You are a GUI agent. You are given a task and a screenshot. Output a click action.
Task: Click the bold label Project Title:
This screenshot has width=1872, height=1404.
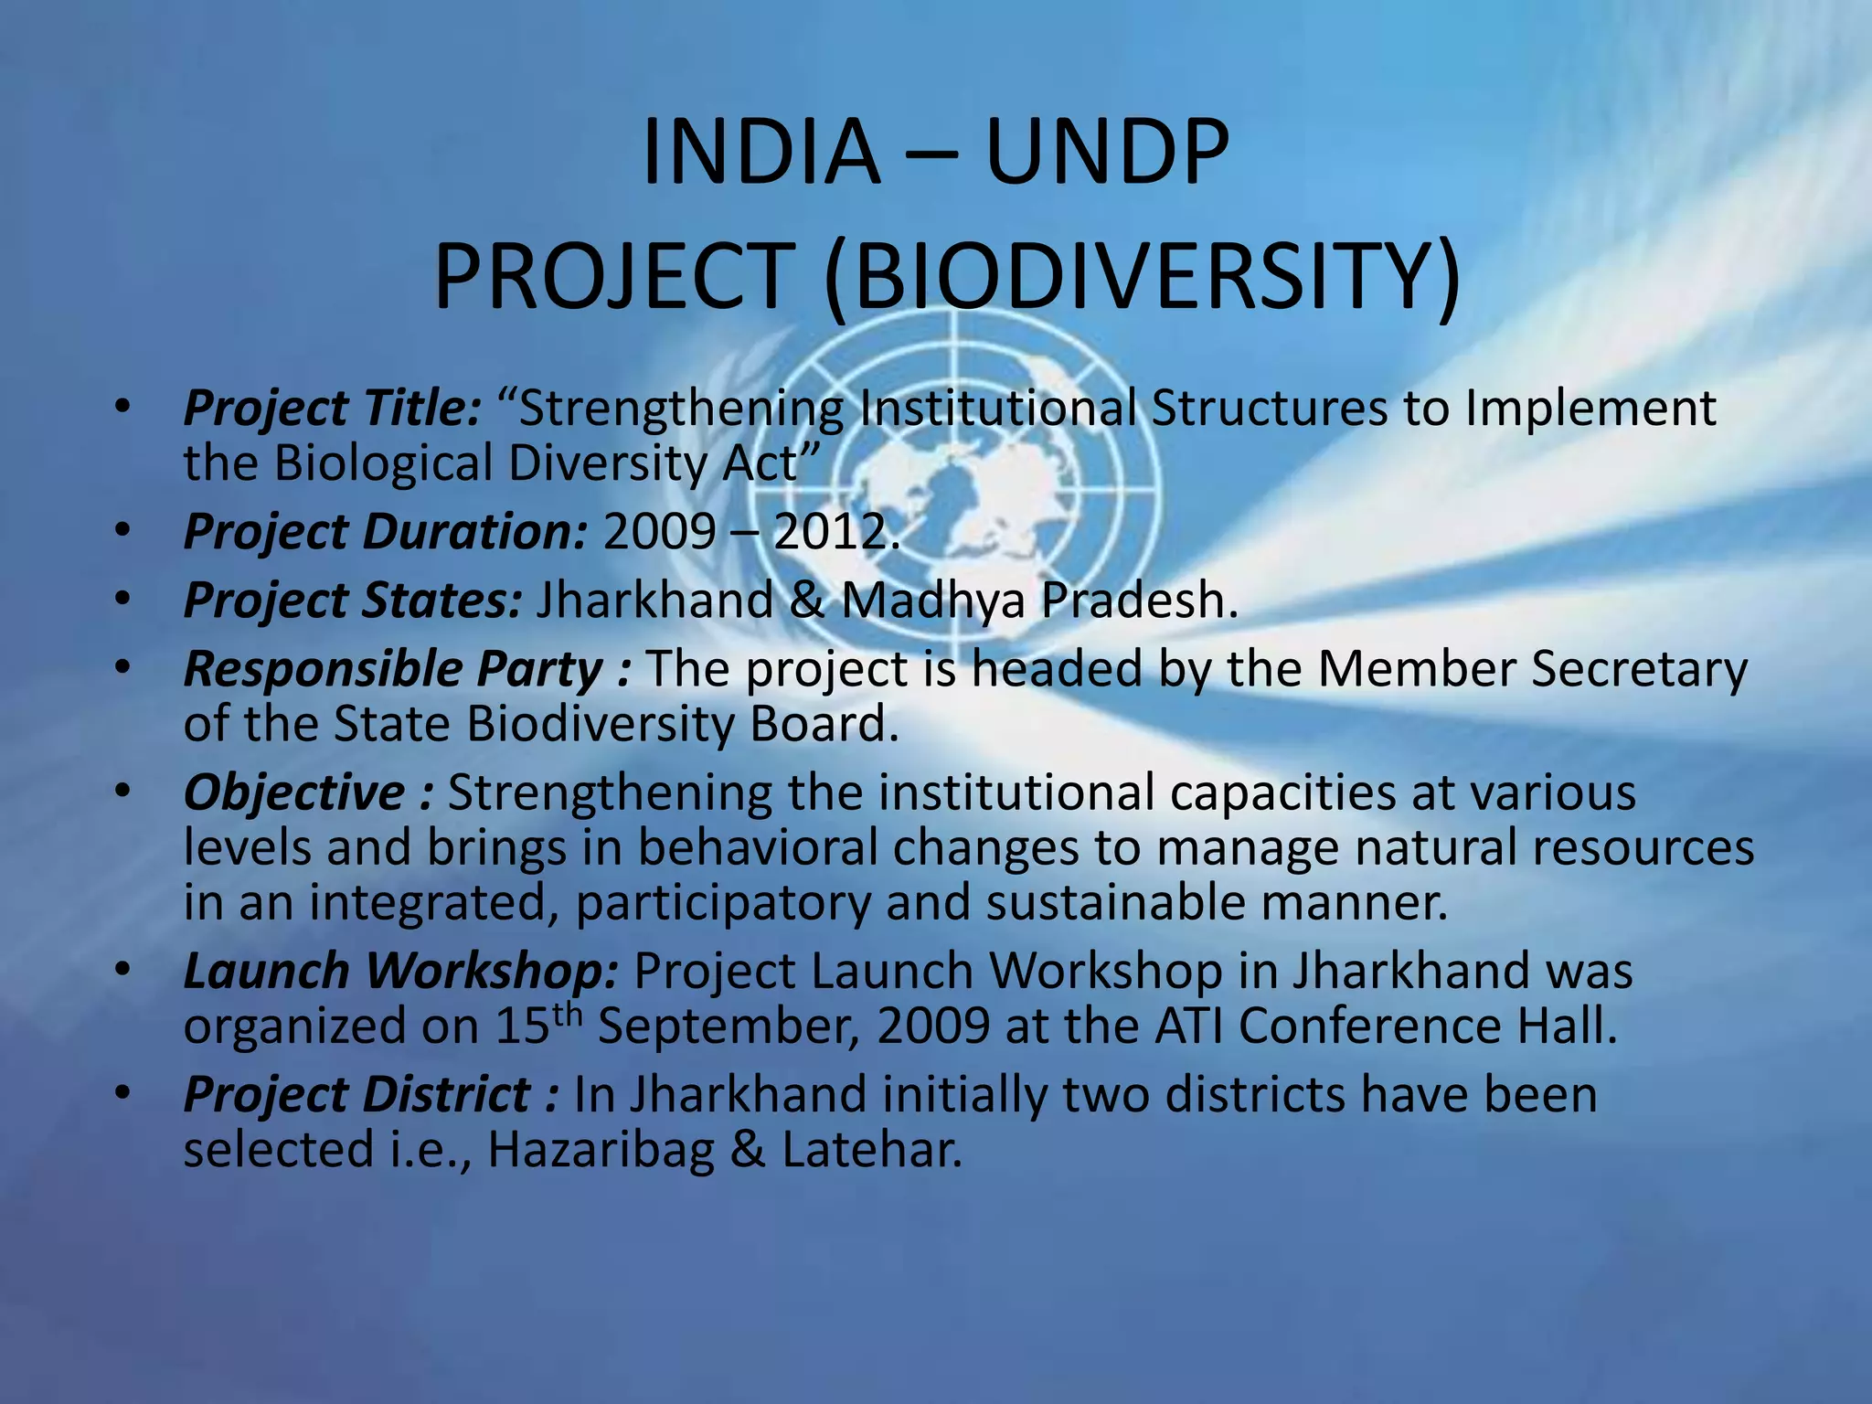[x=332, y=409]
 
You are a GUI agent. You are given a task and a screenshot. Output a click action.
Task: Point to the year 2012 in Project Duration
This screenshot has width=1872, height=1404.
[x=830, y=532]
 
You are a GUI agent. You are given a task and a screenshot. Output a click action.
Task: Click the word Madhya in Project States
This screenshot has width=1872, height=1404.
[x=932, y=601]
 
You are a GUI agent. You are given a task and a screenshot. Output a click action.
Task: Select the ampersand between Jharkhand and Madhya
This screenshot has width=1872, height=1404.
[x=806, y=601]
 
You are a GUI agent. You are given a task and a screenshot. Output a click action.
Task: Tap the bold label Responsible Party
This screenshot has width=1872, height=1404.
[x=393, y=670]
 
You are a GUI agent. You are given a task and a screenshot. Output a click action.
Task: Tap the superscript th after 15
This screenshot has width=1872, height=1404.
[x=568, y=1014]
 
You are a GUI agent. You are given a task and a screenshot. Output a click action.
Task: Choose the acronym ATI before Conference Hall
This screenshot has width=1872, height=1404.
[x=1188, y=1026]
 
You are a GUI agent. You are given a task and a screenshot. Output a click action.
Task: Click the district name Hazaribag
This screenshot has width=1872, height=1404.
[x=601, y=1150]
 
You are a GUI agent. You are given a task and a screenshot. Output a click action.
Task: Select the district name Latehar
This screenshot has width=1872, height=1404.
[x=872, y=1150]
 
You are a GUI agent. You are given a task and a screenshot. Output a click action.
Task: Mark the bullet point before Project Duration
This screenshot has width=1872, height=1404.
[x=124, y=531]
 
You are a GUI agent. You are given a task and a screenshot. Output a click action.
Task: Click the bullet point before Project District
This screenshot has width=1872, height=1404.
[x=124, y=1093]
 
